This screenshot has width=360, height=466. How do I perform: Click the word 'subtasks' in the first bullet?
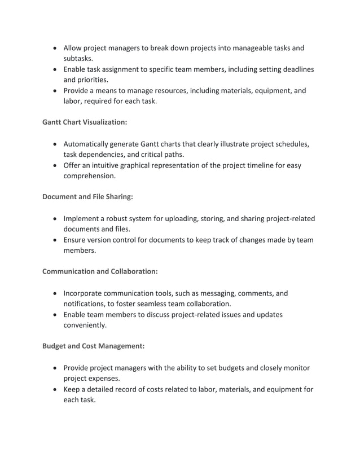coord(78,58)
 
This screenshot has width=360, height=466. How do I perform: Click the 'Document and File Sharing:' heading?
coord(87,197)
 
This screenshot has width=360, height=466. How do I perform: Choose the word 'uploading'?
coord(203,218)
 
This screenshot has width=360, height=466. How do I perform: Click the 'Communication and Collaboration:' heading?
coord(100,271)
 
